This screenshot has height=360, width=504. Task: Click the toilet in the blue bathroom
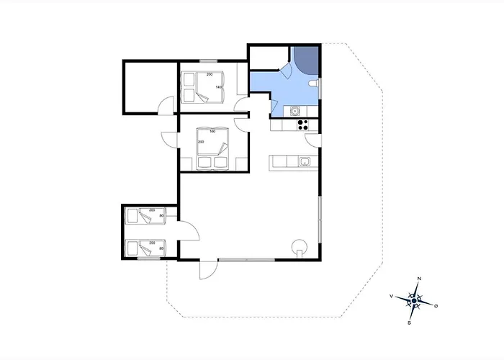point(313,84)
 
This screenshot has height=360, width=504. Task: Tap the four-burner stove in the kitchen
point(302,125)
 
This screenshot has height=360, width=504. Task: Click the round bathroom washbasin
point(294,111)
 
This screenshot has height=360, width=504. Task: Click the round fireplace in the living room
point(300,248)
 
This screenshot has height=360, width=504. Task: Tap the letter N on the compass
point(419,279)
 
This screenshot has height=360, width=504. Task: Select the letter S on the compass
point(409,323)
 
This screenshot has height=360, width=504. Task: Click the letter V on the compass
point(391,296)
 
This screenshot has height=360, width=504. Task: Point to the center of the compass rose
point(414,300)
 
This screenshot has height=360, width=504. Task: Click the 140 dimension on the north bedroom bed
point(219,87)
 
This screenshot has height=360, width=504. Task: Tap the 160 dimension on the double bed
point(212,131)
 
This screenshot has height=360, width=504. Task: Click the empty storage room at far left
point(150,87)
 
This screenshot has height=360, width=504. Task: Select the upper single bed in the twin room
point(146,216)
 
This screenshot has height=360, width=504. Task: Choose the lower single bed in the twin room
point(146,248)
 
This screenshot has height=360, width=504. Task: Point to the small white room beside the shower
point(269,58)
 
